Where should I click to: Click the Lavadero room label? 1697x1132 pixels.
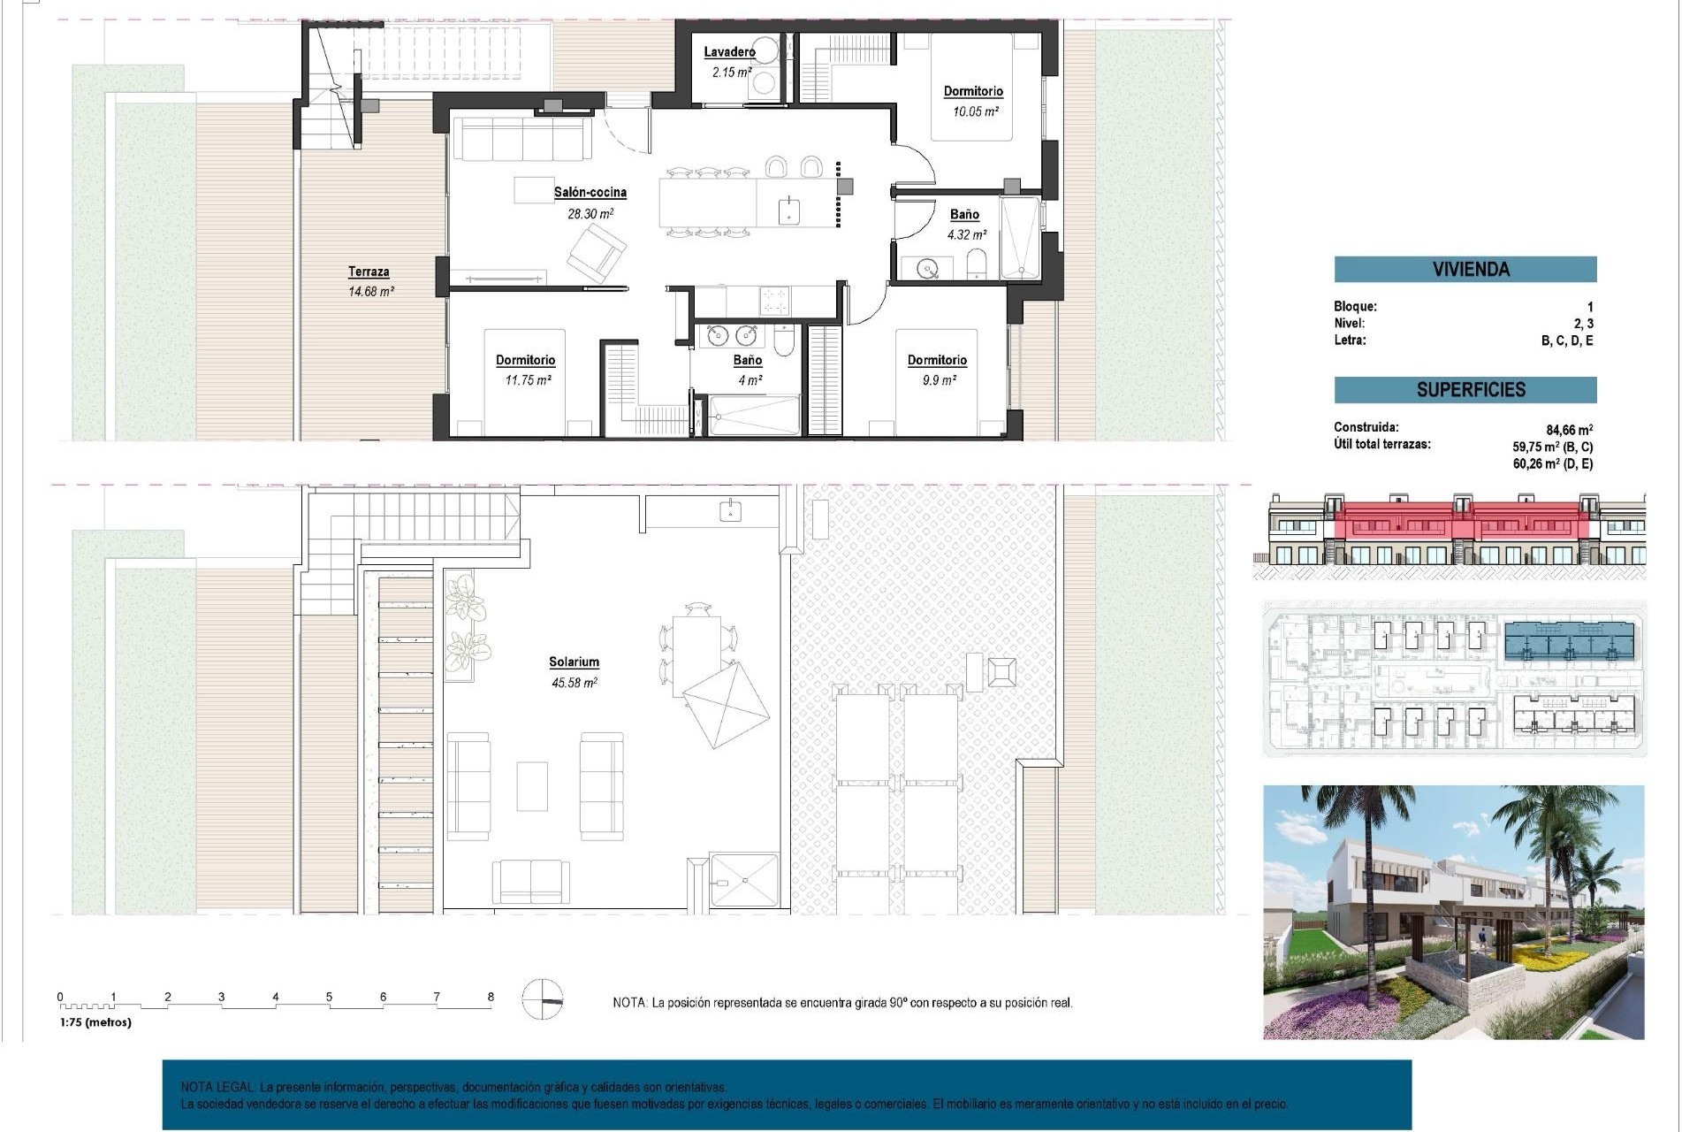pyautogui.click(x=729, y=52)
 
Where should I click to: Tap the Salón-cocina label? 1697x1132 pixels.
pyautogui.click(x=590, y=192)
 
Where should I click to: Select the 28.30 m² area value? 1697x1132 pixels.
pyautogui.click(x=590, y=214)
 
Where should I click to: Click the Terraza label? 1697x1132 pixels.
pyautogui.click(x=369, y=272)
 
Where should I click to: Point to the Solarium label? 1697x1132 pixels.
pyautogui.click(x=574, y=662)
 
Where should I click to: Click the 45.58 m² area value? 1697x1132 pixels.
pyautogui.click(x=574, y=683)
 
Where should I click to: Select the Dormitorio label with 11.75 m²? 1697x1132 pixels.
pyautogui.click(x=525, y=360)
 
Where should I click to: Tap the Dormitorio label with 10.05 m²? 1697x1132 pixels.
pyautogui.click(x=973, y=91)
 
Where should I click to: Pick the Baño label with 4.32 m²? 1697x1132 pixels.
pyautogui.click(x=964, y=214)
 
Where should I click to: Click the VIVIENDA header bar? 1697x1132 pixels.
pyautogui.click(x=1465, y=269)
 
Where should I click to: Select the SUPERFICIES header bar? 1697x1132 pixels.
pyautogui.click(x=1465, y=389)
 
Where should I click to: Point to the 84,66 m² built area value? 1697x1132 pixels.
pyautogui.click(x=1569, y=430)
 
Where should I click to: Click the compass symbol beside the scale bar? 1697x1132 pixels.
pyautogui.click(x=542, y=999)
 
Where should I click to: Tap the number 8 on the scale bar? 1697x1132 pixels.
pyautogui.click(x=491, y=997)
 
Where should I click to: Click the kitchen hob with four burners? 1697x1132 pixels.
pyautogui.click(x=775, y=301)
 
